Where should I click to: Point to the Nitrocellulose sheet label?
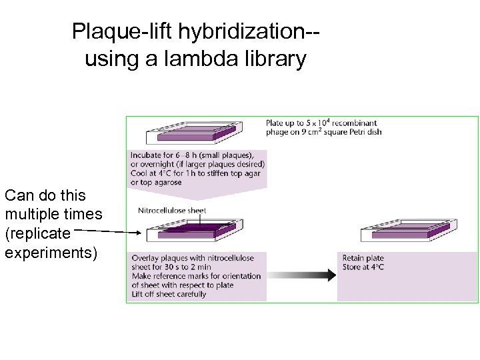[172, 210]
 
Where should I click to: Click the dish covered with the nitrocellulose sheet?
[189, 231]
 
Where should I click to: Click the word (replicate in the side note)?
[37, 235]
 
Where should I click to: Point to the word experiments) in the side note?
[51, 253]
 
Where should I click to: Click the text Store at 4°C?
[363, 267]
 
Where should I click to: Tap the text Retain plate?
[363, 258]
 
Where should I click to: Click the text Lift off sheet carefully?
[169, 294]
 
